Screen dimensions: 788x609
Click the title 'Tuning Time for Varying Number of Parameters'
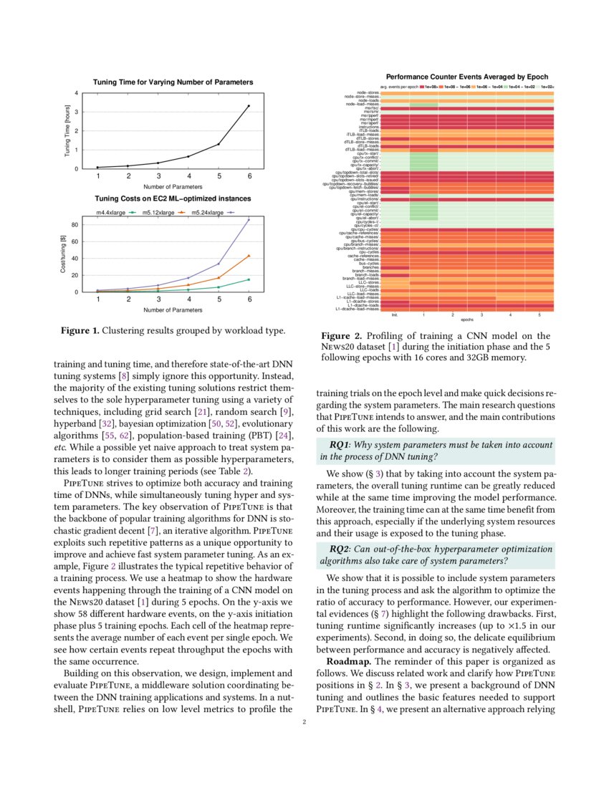[x=173, y=82]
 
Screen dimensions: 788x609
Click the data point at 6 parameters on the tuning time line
[x=249, y=106]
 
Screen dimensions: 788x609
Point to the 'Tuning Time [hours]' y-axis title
[x=67, y=131]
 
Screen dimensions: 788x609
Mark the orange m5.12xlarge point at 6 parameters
[x=249, y=256]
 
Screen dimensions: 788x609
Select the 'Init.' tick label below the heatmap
[x=394, y=314]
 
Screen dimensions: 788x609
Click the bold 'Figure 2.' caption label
[x=341, y=335]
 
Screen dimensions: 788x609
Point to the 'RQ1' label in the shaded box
[x=340, y=445]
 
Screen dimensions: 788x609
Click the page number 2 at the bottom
[x=304, y=722]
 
